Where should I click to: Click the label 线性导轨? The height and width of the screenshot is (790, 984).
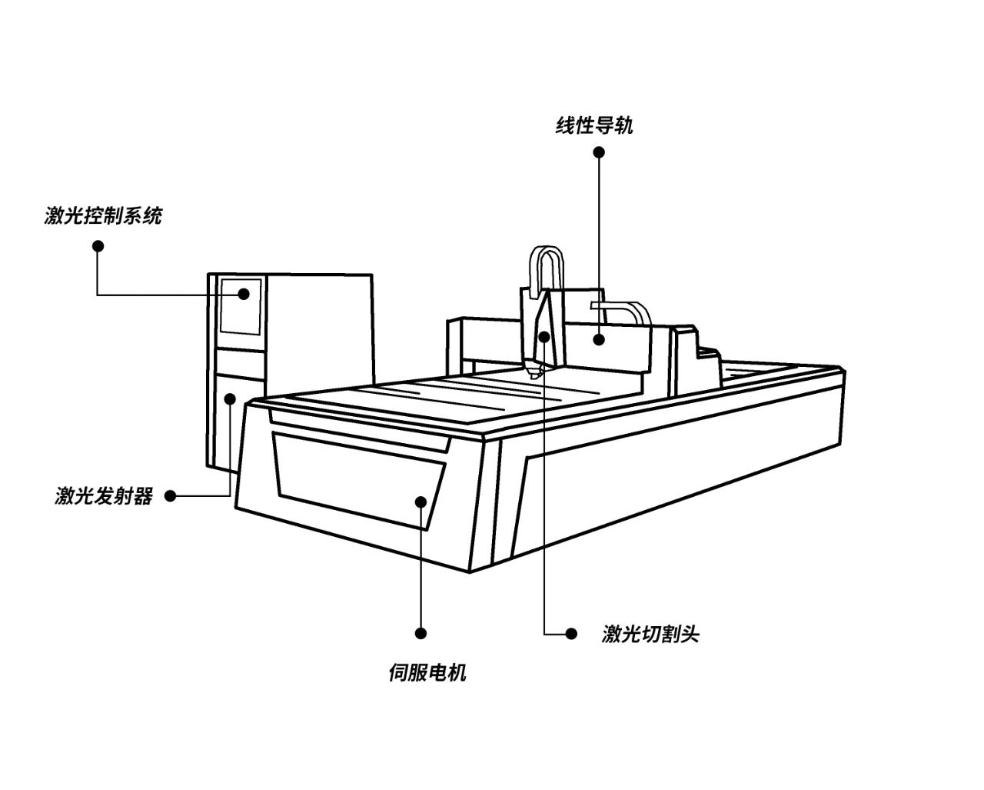(x=594, y=125)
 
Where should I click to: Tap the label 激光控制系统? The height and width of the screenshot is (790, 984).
(x=103, y=215)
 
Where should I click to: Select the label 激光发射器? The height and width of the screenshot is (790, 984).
(x=104, y=496)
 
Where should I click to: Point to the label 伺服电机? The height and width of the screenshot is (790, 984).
(x=427, y=673)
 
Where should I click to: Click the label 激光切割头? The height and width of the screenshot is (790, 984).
(x=650, y=634)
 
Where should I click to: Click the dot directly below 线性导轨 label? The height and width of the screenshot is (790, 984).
(x=599, y=152)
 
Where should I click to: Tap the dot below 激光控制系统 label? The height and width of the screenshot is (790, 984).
(x=98, y=246)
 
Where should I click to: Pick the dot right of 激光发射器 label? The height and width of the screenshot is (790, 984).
(x=171, y=496)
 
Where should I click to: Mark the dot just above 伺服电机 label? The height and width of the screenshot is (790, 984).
(x=421, y=633)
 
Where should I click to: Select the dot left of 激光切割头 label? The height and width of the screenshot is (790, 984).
(x=570, y=634)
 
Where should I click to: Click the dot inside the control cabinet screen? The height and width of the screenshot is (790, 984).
(x=244, y=293)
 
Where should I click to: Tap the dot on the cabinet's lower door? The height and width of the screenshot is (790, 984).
(x=230, y=398)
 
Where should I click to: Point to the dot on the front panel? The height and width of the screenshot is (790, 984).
(x=421, y=502)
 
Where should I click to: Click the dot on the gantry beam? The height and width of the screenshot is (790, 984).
(x=598, y=338)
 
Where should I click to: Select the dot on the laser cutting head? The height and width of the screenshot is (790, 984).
(x=544, y=336)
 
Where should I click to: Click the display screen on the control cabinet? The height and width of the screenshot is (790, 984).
(x=241, y=306)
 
